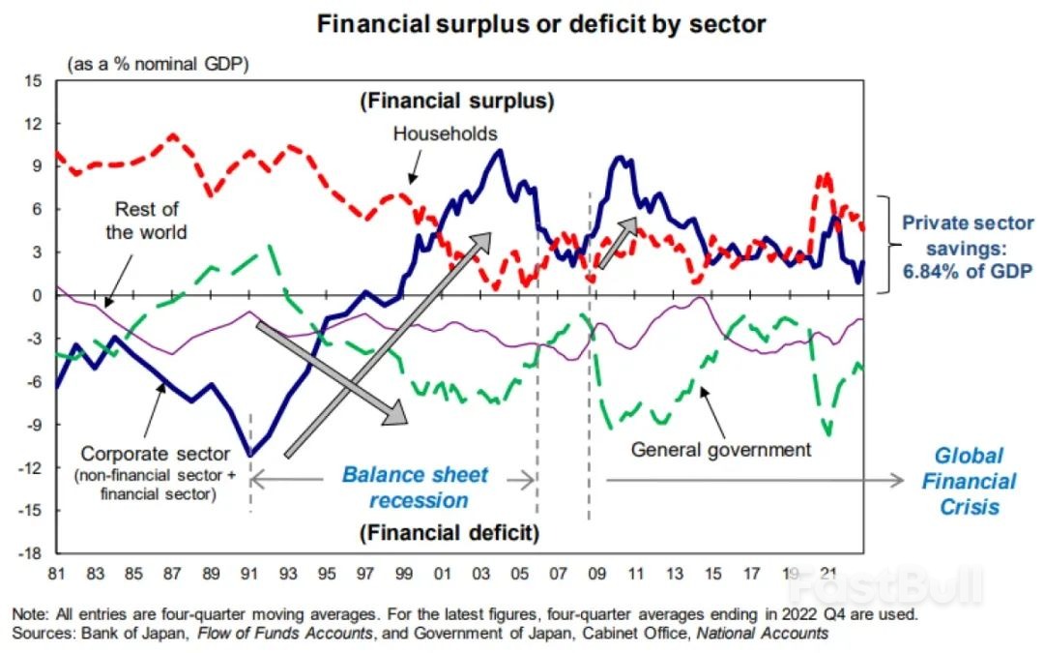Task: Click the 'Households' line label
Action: [445, 134]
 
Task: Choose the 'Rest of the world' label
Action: [146, 221]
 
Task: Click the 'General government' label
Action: [720, 449]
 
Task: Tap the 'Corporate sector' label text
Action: [156, 454]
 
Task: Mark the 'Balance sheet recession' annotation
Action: [416, 488]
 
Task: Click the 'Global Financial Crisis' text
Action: [969, 481]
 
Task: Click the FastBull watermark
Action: [884, 586]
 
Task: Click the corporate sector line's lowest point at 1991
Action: [251, 455]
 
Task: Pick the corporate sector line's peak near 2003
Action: [498, 150]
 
